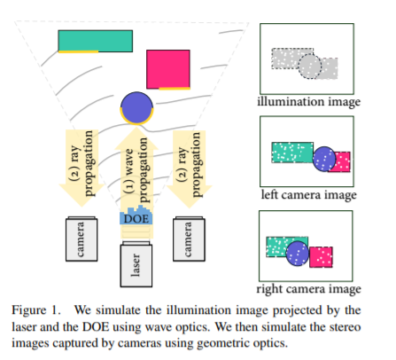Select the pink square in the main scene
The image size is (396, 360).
point(168,69)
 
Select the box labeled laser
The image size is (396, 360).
point(136,262)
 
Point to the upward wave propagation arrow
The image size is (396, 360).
point(136,168)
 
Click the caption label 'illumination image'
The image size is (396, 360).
point(308,102)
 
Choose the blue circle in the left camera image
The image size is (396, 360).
point(324,158)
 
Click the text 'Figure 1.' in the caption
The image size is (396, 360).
point(41,309)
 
